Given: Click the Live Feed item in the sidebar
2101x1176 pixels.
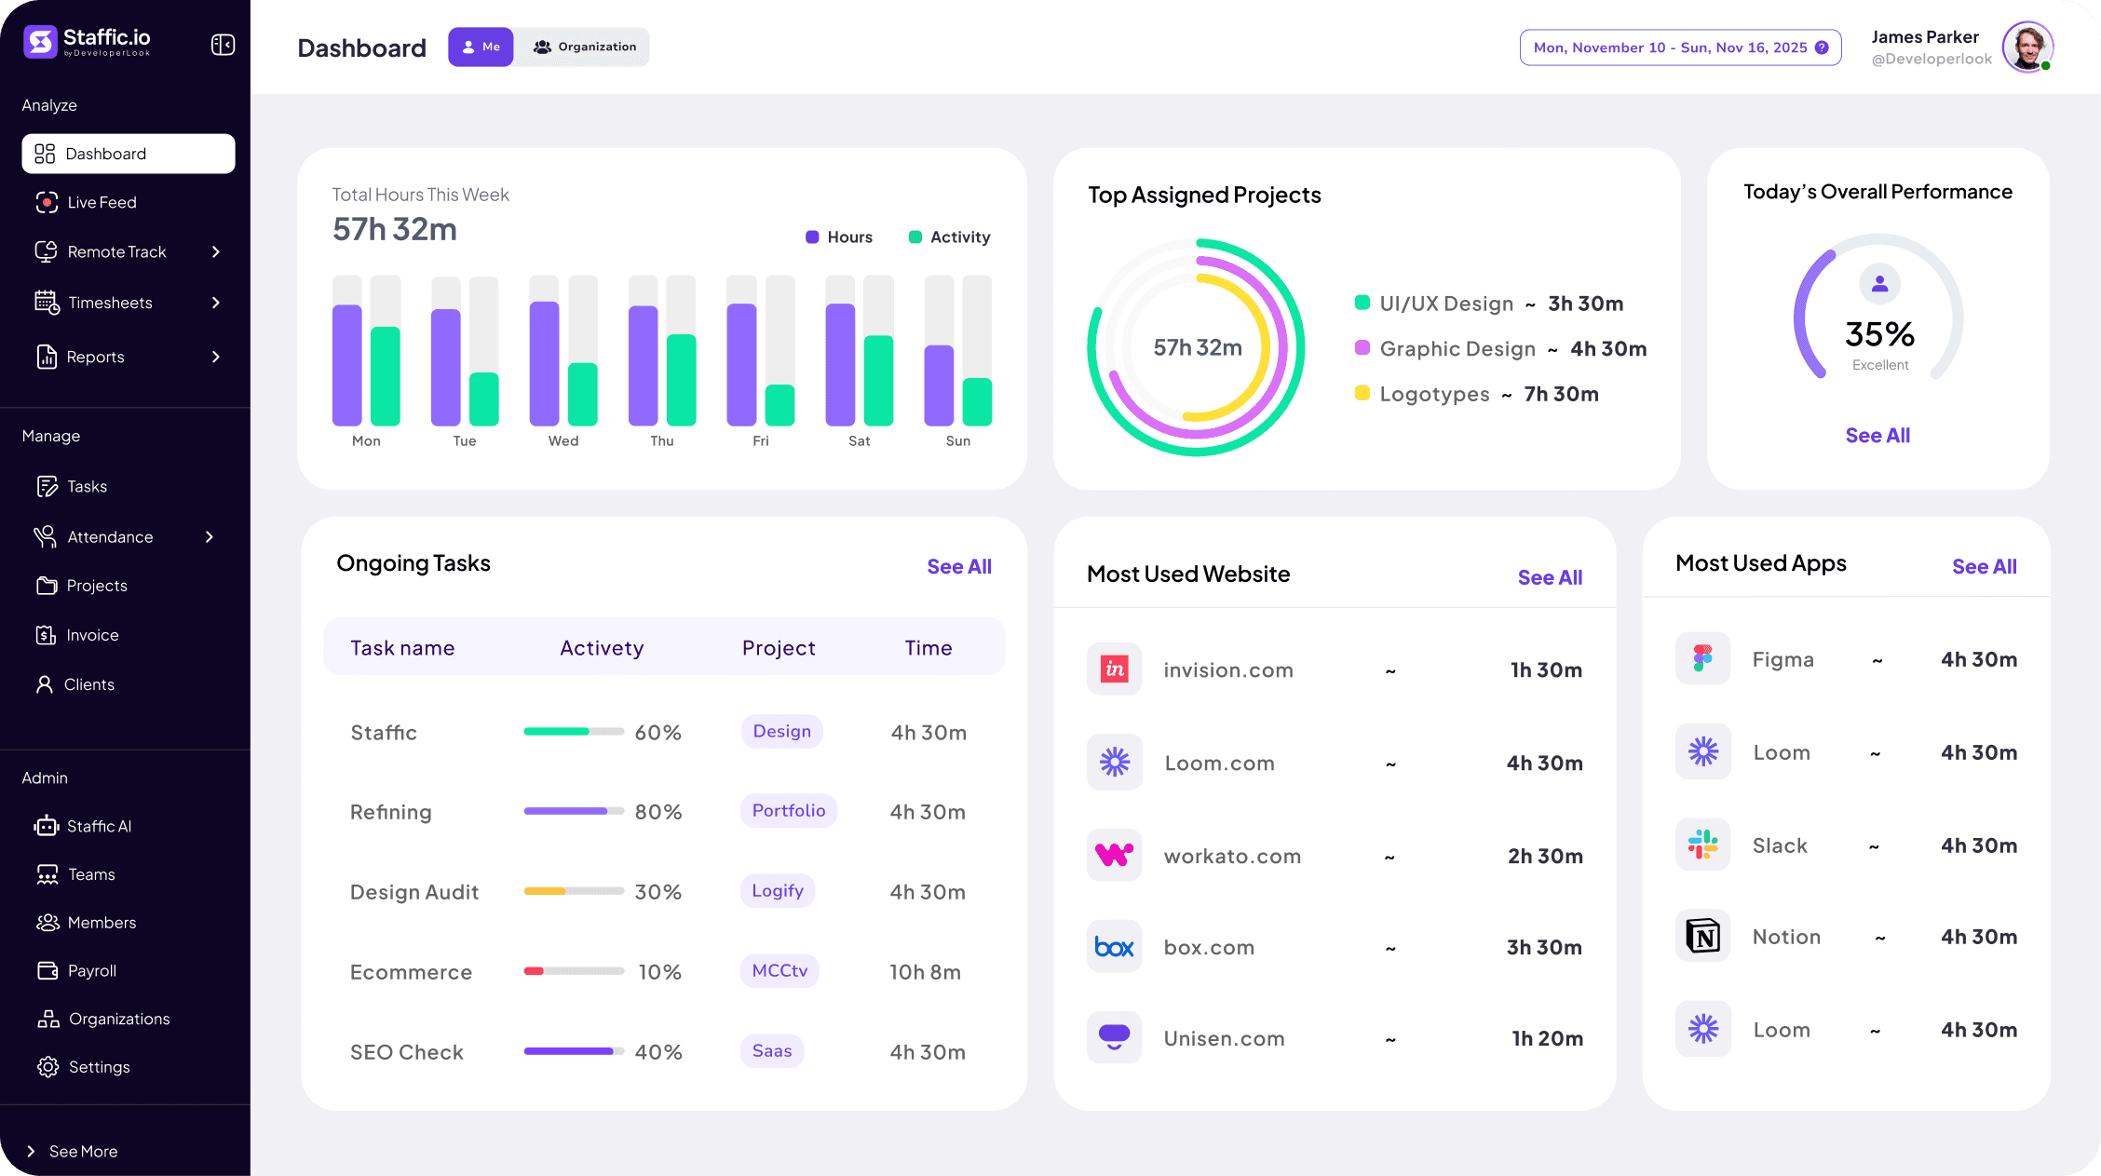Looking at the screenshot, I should tap(101, 202).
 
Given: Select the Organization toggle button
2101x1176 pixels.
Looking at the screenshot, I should tap(584, 47).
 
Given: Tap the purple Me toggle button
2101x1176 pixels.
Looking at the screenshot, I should tap(481, 47).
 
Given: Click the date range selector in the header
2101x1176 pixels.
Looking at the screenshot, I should tap(1679, 47).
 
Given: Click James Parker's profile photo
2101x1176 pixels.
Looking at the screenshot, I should tap(2026, 47).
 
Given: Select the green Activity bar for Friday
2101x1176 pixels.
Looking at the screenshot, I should tap(779, 405).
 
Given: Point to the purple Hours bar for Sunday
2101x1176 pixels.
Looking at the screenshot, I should tap(939, 385).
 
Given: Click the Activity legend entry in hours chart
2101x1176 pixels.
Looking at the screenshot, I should tap(949, 237).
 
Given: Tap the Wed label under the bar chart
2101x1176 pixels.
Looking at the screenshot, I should tap(563, 440).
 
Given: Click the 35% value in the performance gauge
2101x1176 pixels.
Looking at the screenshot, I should tap(1879, 333).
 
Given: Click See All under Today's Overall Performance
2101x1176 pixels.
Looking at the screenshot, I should tap(1877, 435).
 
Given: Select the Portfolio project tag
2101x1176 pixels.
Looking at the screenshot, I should tap(788, 810).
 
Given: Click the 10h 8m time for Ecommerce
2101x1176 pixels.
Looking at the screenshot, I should tap(925, 972).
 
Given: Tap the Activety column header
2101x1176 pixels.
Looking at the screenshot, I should tap(602, 648).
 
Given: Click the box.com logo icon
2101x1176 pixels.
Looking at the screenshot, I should tap(1114, 947).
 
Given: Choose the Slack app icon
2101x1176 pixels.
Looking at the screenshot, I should tap(1702, 845).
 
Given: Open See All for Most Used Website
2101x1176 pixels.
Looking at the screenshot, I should tap(1550, 577).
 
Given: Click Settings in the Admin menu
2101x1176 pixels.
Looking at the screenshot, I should tap(99, 1067).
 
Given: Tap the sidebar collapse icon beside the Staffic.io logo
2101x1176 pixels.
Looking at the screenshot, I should tap(223, 45).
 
